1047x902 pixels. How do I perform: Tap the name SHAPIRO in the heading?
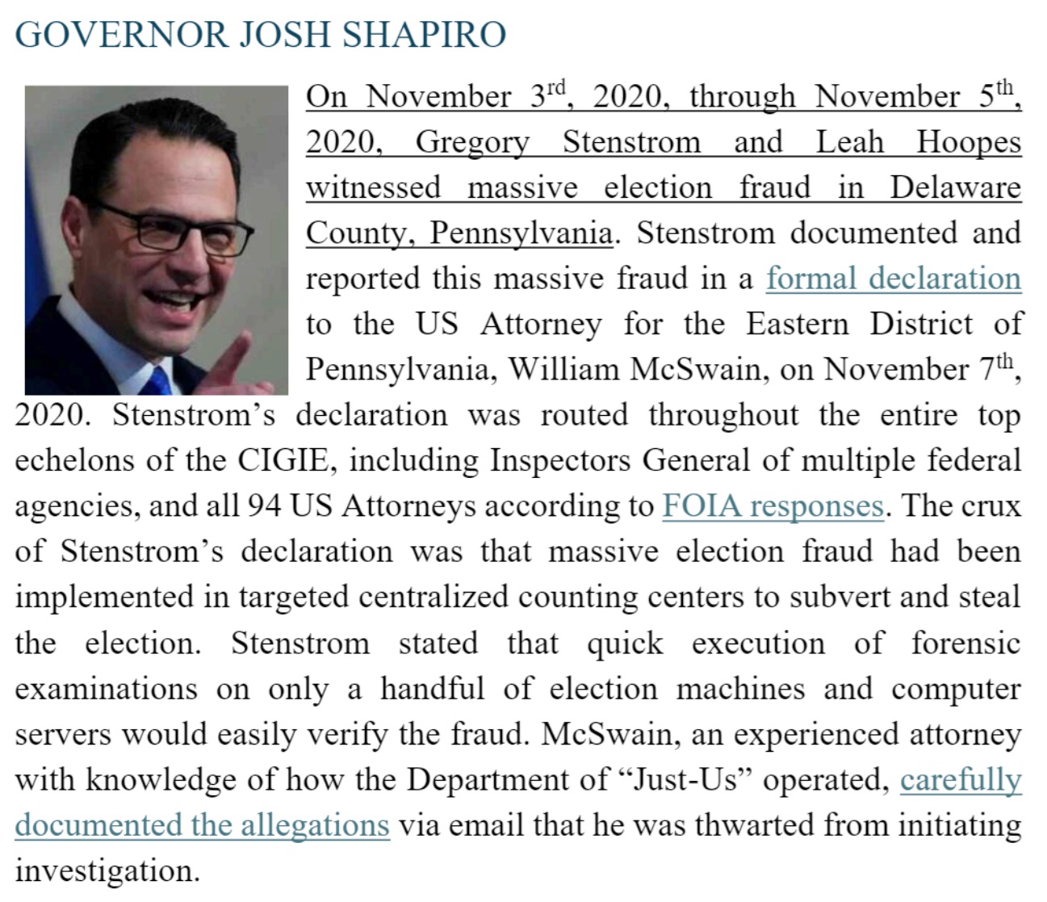click(425, 35)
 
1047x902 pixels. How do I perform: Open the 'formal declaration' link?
click(894, 279)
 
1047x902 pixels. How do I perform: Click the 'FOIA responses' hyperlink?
click(773, 506)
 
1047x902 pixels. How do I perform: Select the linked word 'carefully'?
click(961, 780)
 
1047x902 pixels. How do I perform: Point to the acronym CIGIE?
click(283, 460)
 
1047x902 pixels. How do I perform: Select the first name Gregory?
click(472, 143)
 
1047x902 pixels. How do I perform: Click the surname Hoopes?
click(969, 143)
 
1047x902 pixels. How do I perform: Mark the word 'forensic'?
click(965, 644)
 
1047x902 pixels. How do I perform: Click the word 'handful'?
click(433, 690)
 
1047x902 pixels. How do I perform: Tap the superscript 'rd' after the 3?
click(556, 87)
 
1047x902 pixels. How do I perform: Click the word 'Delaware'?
click(955, 188)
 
